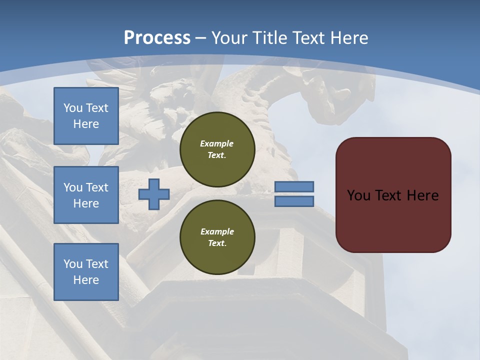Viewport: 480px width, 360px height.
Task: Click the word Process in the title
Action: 157,38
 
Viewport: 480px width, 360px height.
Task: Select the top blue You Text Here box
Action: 86,116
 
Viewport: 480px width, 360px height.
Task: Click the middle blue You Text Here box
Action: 86,195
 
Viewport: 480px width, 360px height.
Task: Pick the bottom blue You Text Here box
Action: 86,272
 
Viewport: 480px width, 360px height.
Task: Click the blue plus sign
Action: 154,194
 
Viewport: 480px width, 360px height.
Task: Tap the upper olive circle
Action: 217,149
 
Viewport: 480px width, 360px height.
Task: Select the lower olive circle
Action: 217,237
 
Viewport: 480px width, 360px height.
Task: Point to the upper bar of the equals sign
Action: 294,186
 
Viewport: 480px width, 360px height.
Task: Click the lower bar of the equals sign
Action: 294,201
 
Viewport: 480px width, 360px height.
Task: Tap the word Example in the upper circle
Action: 217,143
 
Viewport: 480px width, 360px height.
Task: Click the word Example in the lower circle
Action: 217,231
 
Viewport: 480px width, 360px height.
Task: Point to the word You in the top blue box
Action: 72,108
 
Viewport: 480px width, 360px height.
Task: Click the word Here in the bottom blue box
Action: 86,280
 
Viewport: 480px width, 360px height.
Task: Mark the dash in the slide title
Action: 201,38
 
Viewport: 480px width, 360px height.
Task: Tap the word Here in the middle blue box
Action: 86,203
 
